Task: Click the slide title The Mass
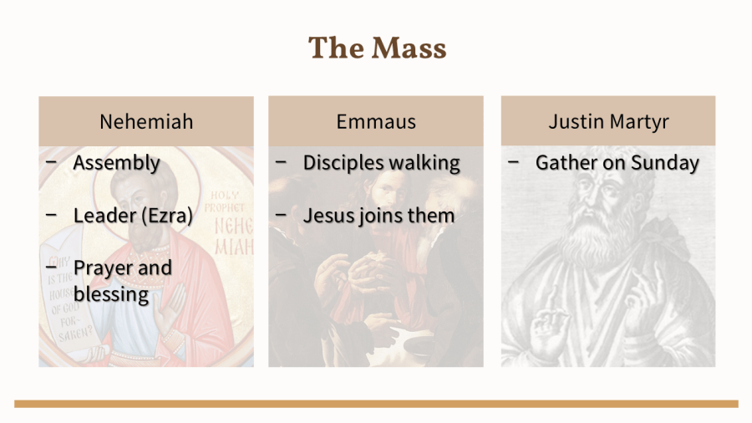click(377, 48)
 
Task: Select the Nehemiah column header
click(146, 121)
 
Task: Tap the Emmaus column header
click(376, 121)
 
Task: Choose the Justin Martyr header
click(608, 121)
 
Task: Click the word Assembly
click(116, 163)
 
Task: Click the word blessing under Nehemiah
click(111, 294)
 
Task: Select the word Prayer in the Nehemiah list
click(102, 268)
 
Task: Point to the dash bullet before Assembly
click(51, 162)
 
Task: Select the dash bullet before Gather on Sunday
click(513, 162)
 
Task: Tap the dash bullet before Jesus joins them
click(281, 215)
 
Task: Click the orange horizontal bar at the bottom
click(376, 404)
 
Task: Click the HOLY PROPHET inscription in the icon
click(225, 201)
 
